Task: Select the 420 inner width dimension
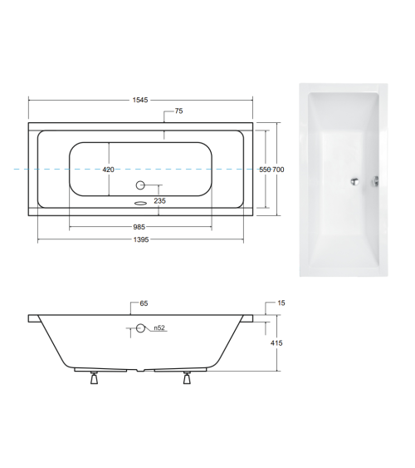tap(108, 170)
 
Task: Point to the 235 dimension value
tap(160, 200)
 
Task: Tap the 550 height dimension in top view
tap(266, 170)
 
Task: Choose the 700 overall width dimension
tap(279, 170)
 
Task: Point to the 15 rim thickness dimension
tap(281, 304)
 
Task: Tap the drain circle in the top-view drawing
tap(139, 185)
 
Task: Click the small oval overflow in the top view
tap(139, 200)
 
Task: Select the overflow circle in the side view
tap(140, 329)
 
